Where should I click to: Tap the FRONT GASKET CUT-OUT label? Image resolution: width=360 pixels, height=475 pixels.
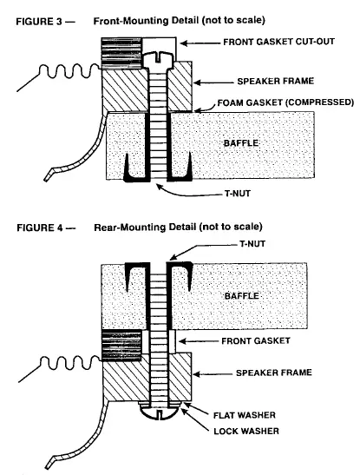coord(279,42)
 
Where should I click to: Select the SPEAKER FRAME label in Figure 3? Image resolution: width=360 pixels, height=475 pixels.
coord(276,81)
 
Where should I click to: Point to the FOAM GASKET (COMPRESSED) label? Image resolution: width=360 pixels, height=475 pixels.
coord(285,102)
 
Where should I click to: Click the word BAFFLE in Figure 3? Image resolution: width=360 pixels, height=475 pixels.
coord(241,143)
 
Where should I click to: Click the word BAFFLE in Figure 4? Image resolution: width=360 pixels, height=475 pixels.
coord(242,296)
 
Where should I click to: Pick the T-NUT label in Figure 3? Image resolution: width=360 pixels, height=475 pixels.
coord(238,194)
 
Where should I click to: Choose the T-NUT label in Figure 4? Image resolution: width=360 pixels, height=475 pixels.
coord(252,244)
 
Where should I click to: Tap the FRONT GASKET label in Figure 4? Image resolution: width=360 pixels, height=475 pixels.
coord(256,341)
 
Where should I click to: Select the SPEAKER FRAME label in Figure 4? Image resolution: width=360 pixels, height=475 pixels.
coord(274,373)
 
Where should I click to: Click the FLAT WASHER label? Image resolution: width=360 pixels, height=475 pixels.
coord(245,415)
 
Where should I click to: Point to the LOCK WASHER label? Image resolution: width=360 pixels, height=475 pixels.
coord(246,431)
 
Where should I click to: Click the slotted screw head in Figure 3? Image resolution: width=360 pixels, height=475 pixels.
coord(158,60)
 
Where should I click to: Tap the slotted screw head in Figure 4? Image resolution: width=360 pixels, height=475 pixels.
coord(159,412)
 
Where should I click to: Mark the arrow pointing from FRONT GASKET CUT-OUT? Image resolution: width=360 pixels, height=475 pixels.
coord(200,43)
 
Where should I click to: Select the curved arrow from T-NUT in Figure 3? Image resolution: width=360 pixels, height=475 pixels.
coord(187,193)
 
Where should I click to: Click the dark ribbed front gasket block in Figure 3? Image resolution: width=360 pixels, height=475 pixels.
coord(121,53)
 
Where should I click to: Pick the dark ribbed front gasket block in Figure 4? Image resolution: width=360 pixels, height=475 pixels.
coord(121,346)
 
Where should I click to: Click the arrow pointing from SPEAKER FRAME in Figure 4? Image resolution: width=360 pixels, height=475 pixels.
coord(213,374)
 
